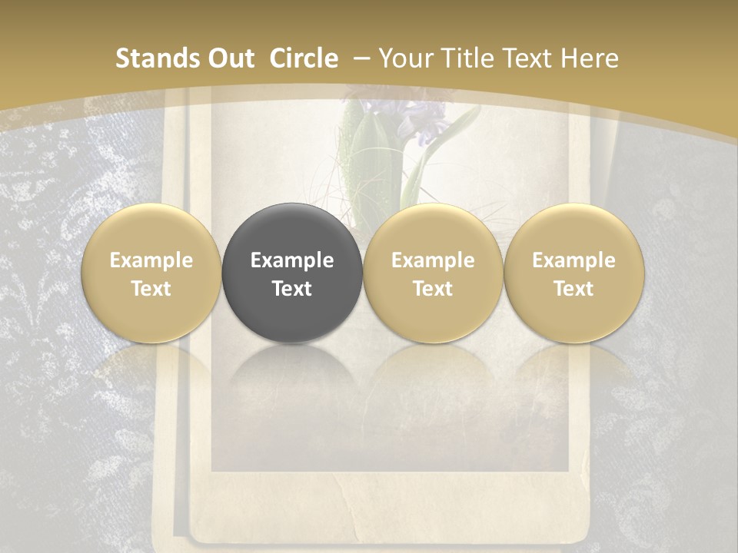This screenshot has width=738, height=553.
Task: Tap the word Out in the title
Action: click(228, 58)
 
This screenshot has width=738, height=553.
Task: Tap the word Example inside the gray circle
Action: click(292, 260)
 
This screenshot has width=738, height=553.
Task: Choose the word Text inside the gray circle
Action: click(292, 289)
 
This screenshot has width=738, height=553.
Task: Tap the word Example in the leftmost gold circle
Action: click(151, 260)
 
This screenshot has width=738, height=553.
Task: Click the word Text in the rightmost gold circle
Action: click(573, 289)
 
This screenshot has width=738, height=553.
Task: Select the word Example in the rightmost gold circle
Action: click(573, 260)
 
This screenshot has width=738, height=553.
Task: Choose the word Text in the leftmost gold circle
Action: click(151, 289)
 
